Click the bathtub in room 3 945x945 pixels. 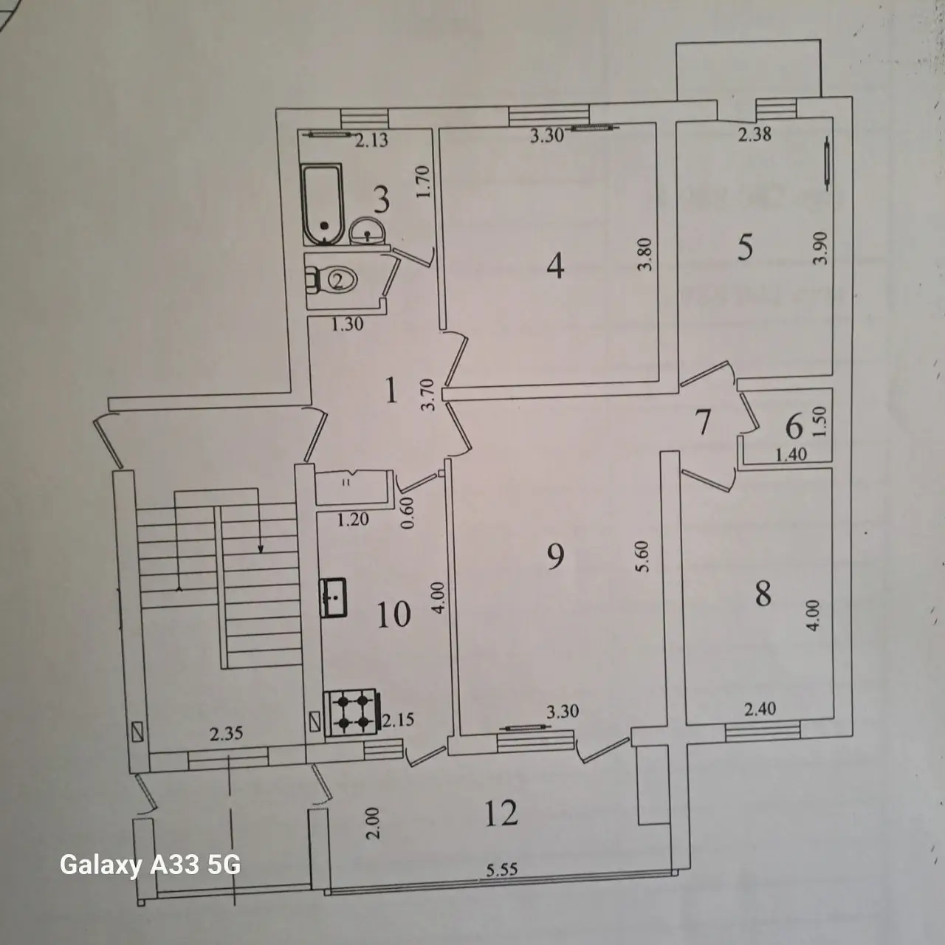click(323, 205)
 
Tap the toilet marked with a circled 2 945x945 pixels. click(331, 280)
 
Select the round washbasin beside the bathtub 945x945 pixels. click(368, 231)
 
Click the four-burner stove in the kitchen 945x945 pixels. click(352, 712)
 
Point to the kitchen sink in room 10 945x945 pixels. click(333, 597)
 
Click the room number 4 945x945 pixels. click(555, 267)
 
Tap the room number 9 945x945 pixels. click(555, 557)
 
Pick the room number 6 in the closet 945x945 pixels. click(794, 426)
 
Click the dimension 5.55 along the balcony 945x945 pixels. click(502, 870)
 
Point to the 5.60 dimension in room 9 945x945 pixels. click(643, 556)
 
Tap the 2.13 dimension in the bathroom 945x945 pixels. click(371, 141)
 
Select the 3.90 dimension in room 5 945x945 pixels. click(819, 247)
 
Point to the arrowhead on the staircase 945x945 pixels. click(261, 549)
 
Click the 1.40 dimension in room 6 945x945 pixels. click(791, 455)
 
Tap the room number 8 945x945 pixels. click(763, 594)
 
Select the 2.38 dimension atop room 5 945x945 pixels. click(755, 134)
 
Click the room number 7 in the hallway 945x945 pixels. click(704, 423)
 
